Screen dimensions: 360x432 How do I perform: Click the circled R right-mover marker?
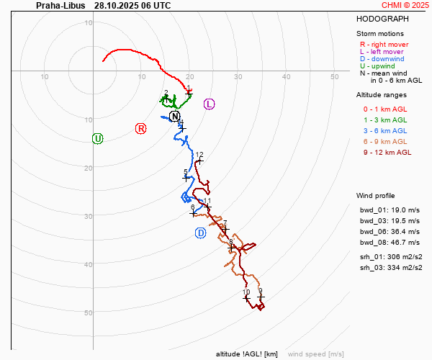pyautogui.click(x=141, y=128)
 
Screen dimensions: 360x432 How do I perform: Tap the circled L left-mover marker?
pyautogui.click(x=210, y=104)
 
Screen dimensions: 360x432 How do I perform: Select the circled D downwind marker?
pyautogui.click(x=201, y=233)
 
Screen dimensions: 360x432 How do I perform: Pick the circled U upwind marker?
pyautogui.click(x=98, y=138)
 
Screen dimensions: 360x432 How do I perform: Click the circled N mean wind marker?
pyautogui.click(x=174, y=116)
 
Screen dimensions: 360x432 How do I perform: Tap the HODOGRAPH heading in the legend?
pyautogui.click(x=382, y=19)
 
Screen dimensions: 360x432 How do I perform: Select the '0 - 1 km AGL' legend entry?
pyautogui.click(x=385, y=109)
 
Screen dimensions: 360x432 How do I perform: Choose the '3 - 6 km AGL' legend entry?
pyautogui.click(x=385, y=130)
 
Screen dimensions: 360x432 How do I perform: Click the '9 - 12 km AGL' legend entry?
pyautogui.click(x=387, y=152)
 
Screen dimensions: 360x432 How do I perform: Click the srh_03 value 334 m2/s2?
pyautogui.click(x=403, y=267)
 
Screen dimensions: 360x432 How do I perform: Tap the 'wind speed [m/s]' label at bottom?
pyautogui.click(x=315, y=354)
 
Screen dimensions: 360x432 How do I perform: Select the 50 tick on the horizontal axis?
pyautogui.click(x=335, y=76)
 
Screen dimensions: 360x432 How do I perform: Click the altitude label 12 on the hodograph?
pyautogui.click(x=199, y=155)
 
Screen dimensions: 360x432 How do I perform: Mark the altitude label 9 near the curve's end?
pyautogui.click(x=260, y=291)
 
